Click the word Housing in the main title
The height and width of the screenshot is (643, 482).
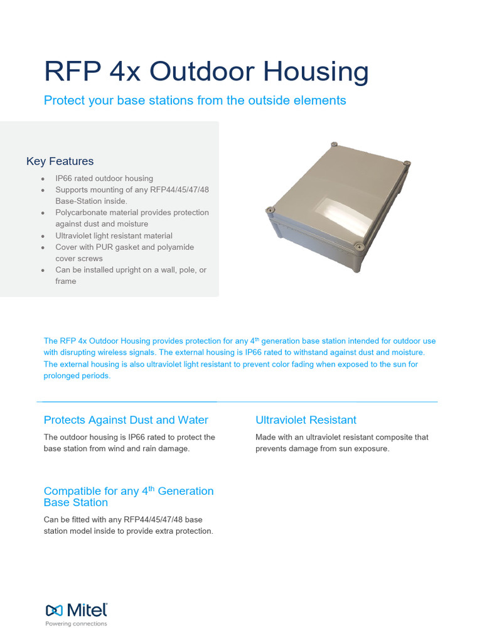[316, 72]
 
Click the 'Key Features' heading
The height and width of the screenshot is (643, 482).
[60, 161]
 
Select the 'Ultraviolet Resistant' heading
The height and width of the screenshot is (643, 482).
[306, 420]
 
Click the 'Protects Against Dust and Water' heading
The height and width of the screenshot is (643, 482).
[126, 420]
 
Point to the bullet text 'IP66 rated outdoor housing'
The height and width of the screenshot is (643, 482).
[104, 178]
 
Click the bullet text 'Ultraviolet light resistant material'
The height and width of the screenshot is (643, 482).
[114, 235]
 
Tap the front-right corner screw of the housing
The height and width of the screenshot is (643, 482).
[358, 246]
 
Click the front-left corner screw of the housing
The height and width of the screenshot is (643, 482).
[270, 210]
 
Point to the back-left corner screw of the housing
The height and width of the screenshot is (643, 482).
[335, 145]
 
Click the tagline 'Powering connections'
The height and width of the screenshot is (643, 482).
[76, 624]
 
